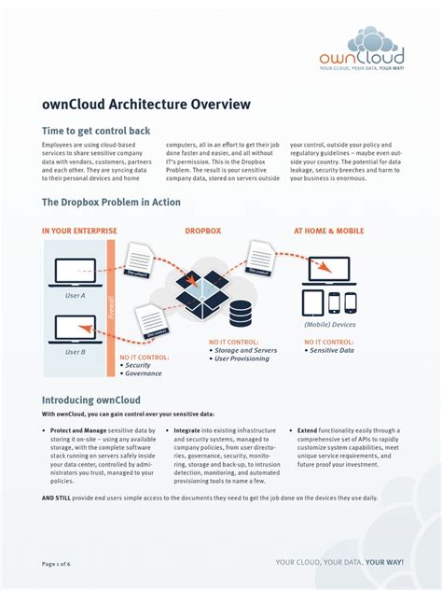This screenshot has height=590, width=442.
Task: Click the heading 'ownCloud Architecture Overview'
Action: [146, 105]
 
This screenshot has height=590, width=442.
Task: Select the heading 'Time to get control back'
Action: [96, 131]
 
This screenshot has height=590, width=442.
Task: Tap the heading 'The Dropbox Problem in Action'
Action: [111, 202]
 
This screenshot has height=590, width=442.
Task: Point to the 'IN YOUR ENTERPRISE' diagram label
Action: [79, 231]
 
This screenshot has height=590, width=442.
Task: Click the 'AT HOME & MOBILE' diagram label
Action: [329, 231]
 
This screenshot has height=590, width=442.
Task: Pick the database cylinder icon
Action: [242, 312]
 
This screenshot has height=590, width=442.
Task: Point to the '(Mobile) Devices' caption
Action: [329, 324]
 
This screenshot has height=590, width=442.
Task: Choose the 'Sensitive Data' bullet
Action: [333, 350]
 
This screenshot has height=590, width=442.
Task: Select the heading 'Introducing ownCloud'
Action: [94, 399]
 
